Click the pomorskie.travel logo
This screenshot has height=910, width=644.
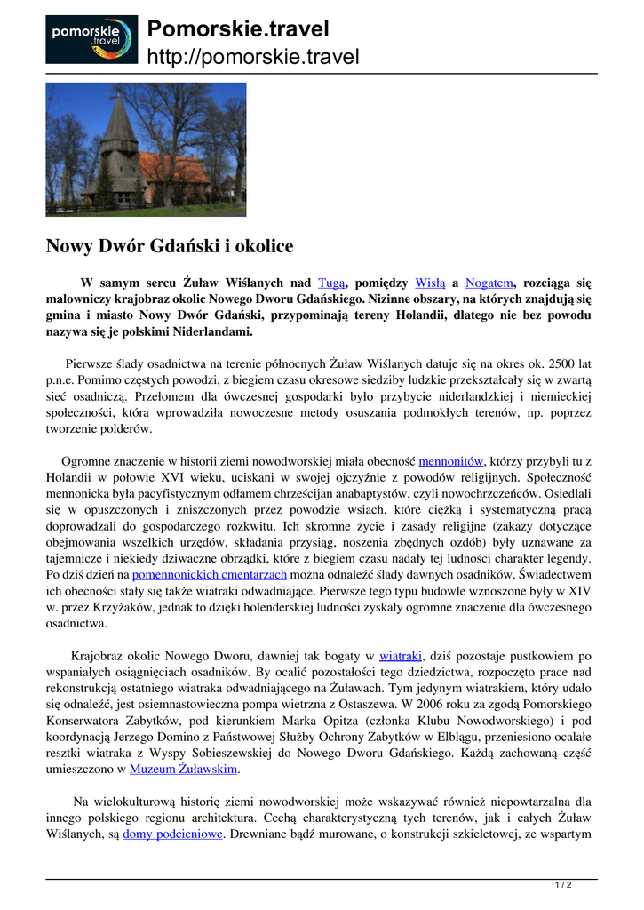pos(91,39)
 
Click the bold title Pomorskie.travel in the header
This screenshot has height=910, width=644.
pos(238,29)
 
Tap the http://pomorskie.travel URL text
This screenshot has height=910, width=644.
pos(253,58)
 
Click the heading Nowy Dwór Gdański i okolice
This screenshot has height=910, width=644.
pos(170,246)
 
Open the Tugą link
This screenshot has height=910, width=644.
pos(330,283)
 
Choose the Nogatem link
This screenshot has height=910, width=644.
pos(489,283)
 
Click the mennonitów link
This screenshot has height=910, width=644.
pos(450,461)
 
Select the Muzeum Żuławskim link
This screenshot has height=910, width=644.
pos(183,770)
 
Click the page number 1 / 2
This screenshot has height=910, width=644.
pos(563,884)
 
